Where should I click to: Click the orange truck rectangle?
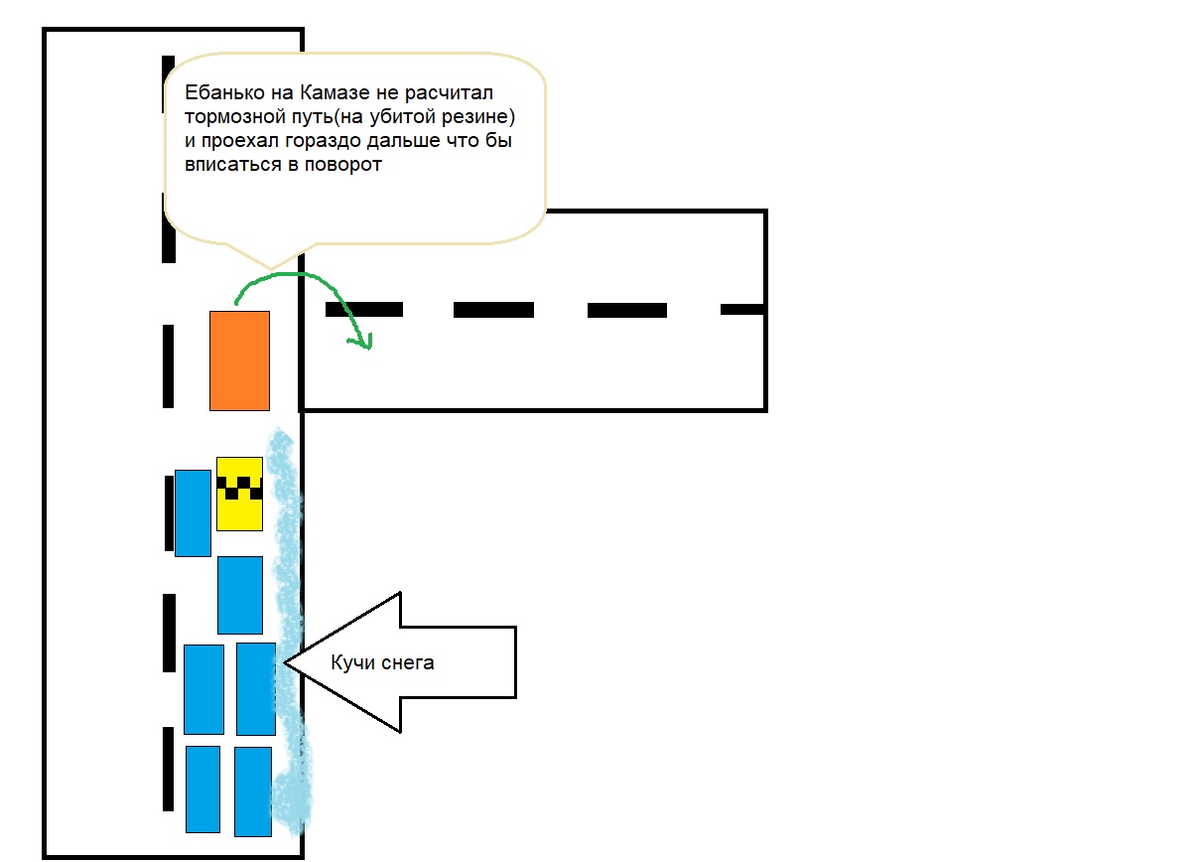point(239,361)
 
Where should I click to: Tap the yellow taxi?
point(239,494)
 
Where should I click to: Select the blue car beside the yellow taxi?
point(193,513)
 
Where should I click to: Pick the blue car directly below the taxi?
point(240,596)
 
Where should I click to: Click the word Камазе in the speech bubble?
point(334,92)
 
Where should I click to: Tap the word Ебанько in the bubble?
point(224,92)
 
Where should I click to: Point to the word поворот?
point(343,165)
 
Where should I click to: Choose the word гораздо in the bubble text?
point(325,141)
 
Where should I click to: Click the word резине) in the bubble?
point(478,117)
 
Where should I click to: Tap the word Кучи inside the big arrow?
point(352,663)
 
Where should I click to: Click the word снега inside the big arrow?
point(408,663)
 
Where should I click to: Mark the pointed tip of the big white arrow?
point(285,663)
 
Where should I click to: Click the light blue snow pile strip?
point(289,633)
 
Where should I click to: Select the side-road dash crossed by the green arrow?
point(364,310)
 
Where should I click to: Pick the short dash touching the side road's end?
point(742,310)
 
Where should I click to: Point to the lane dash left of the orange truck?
point(169,366)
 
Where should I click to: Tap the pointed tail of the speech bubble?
point(271,267)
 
